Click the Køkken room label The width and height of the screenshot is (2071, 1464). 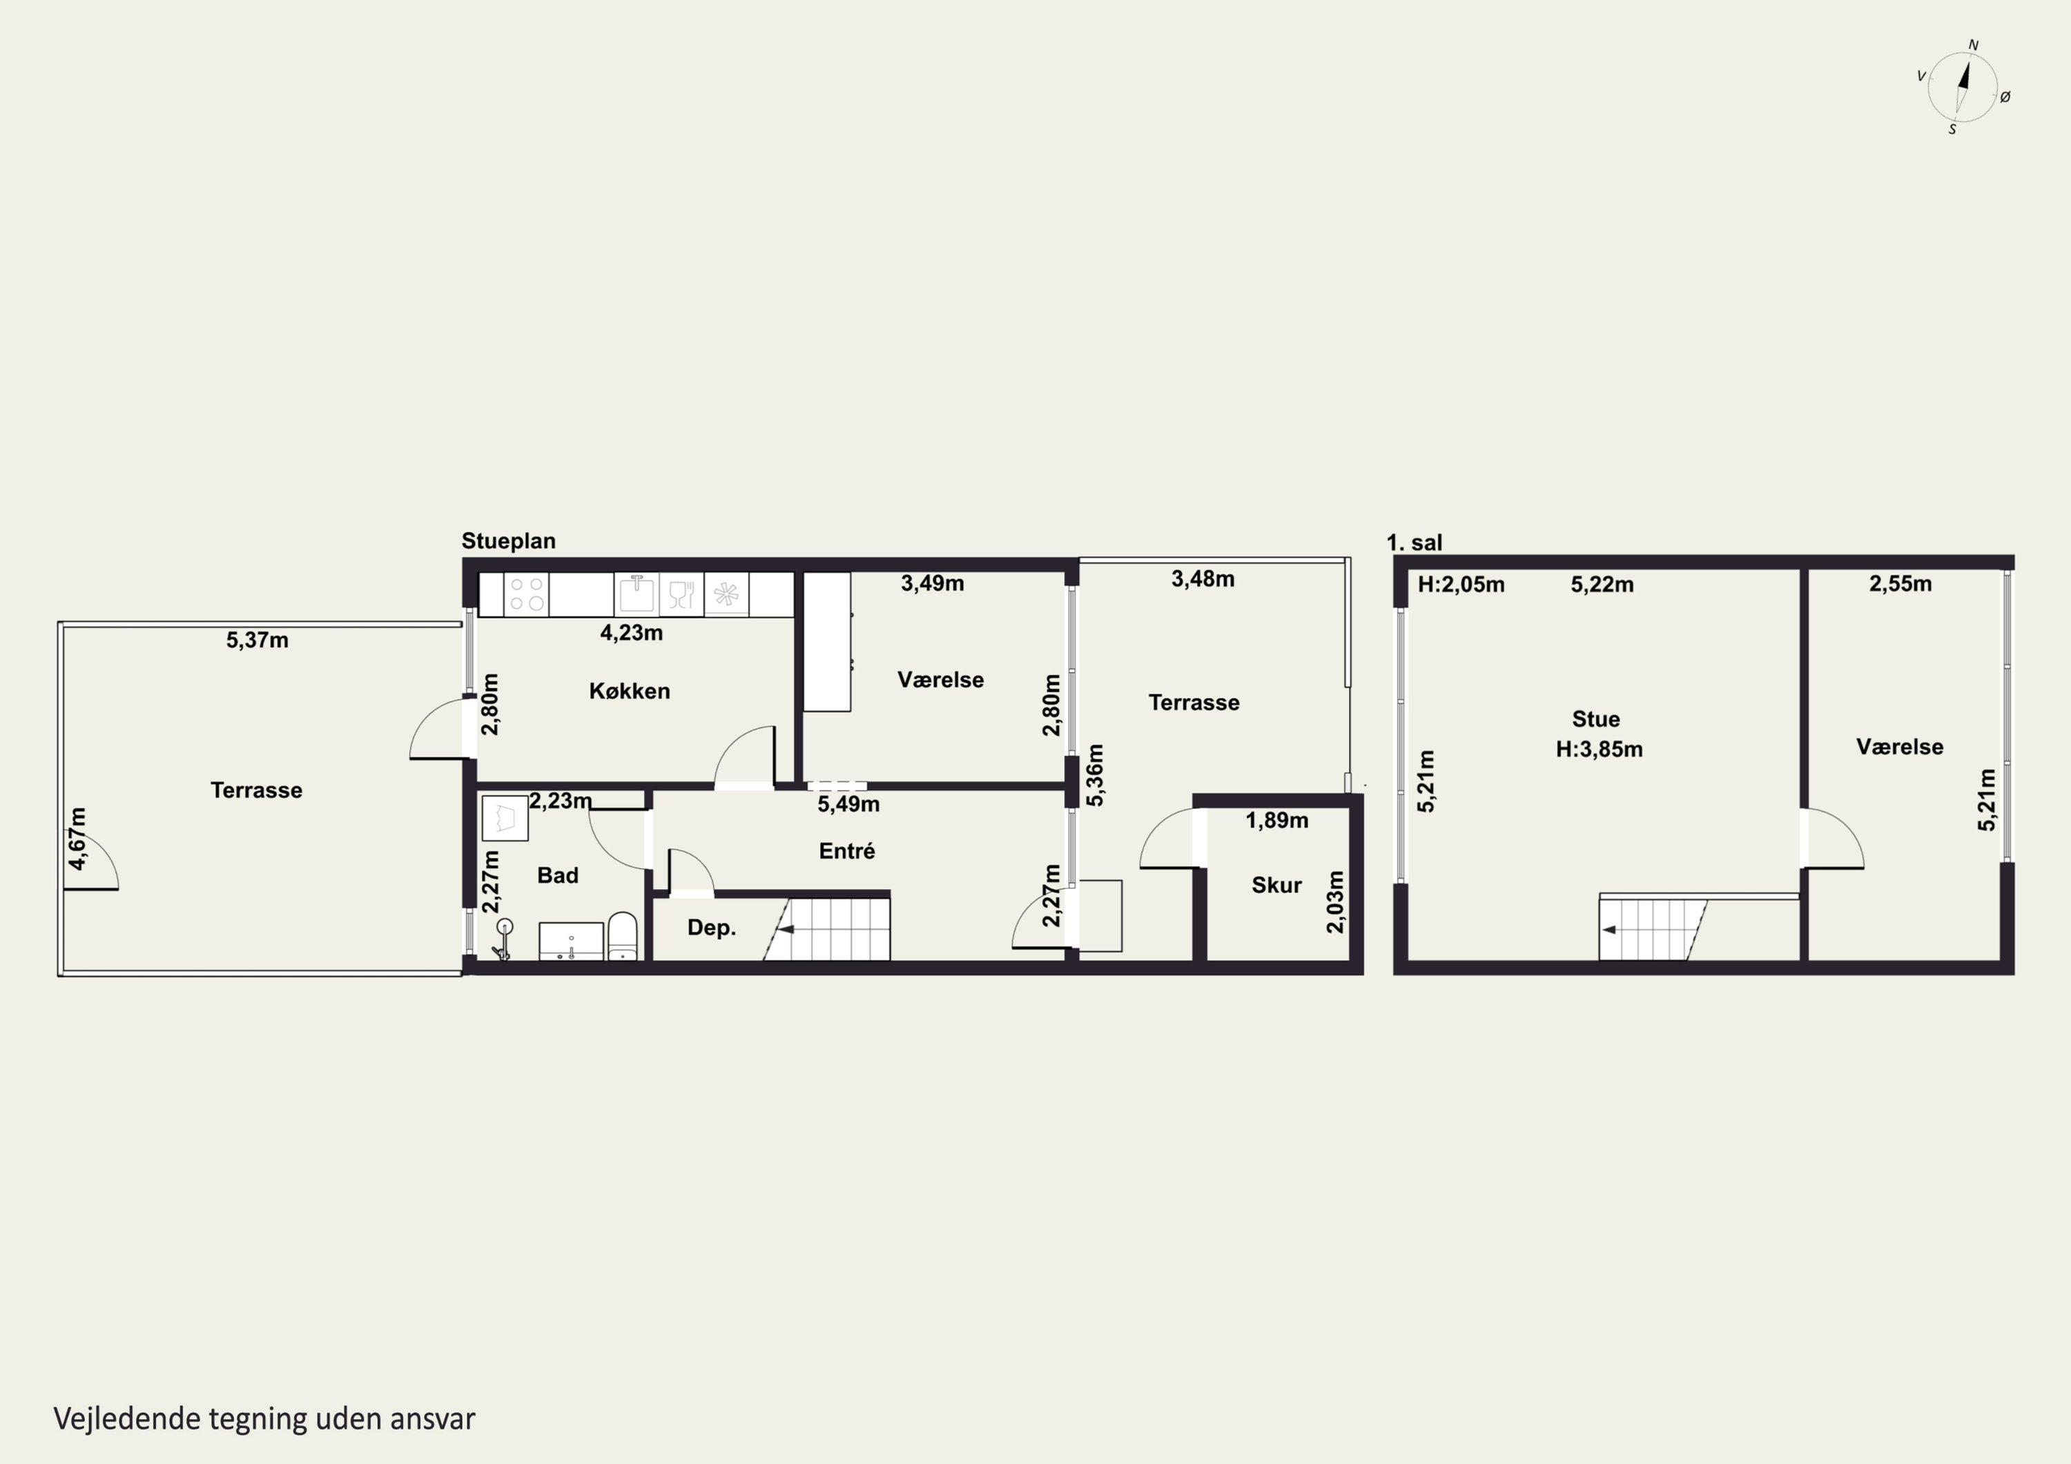(x=630, y=691)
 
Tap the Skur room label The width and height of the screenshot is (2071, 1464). (x=1276, y=885)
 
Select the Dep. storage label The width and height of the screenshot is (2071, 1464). (x=712, y=928)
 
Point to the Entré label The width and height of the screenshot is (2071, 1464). (x=847, y=850)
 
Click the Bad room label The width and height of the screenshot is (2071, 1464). (x=557, y=875)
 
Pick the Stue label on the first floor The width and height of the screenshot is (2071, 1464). (x=1595, y=719)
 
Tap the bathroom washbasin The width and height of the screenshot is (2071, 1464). (x=571, y=941)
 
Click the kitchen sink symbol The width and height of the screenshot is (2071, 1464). (x=636, y=594)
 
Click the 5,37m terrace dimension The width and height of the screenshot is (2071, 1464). (x=257, y=641)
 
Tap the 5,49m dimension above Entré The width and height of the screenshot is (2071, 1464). (x=848, y=803)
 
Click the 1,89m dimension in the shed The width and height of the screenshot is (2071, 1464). (x=1276, y=820)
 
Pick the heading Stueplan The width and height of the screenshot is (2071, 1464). (x=509, y=541)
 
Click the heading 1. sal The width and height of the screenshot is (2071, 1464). (x=1414, y=543)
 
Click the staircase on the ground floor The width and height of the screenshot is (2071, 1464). (x=827, y=929)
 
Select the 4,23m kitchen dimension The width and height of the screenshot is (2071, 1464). (x=632, y=633)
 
